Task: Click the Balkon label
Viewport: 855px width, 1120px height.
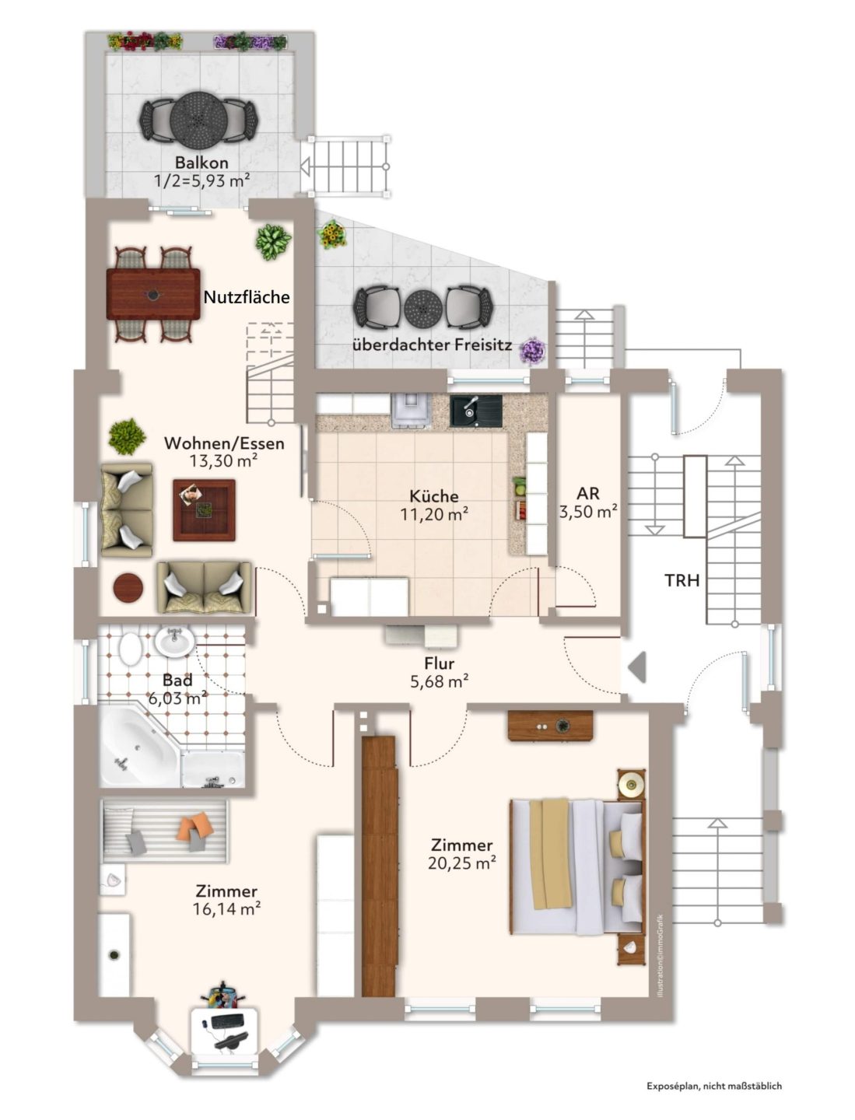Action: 201,163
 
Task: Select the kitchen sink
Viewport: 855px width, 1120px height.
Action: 475,411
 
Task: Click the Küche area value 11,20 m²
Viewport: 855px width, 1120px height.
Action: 434,514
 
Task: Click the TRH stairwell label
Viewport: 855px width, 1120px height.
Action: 682,580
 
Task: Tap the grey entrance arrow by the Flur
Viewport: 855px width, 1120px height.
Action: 637,667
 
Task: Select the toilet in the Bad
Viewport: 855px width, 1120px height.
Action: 129,649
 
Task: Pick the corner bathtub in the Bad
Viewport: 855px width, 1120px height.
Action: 138,746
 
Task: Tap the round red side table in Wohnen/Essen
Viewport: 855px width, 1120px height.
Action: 128,588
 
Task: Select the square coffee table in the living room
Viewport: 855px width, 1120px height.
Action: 204,509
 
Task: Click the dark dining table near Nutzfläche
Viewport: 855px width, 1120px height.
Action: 153,294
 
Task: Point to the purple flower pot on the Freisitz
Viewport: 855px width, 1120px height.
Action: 532,351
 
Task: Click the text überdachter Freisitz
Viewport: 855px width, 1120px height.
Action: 432,345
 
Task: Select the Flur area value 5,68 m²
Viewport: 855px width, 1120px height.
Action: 440,681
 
